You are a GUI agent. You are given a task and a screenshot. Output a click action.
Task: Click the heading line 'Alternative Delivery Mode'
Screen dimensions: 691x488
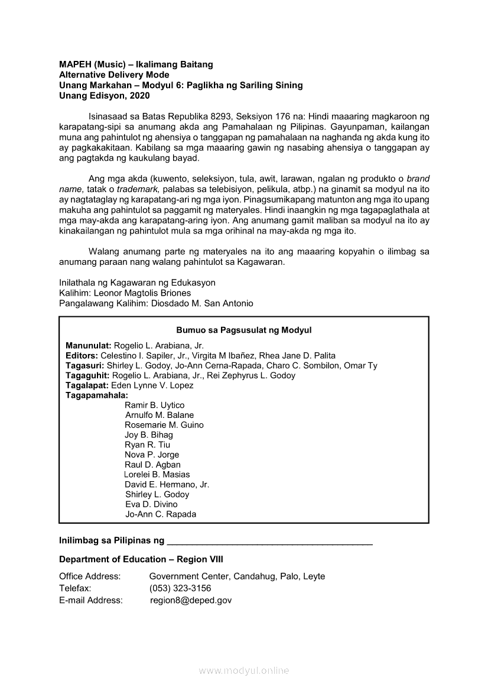(114, 75)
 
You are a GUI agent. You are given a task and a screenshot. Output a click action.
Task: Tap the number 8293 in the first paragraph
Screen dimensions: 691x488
(220, 116)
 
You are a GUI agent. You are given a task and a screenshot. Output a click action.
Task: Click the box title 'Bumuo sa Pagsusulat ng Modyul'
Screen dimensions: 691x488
(243, 330)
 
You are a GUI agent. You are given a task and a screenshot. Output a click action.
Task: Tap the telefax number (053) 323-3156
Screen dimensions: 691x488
(180, 589)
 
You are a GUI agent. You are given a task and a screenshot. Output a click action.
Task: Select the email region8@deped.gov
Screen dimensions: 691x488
(191, 601)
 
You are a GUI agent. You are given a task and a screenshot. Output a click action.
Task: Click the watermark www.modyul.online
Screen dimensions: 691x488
(244, 671)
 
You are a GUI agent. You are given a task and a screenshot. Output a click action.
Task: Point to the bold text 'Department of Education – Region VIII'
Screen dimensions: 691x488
(141, 560)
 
